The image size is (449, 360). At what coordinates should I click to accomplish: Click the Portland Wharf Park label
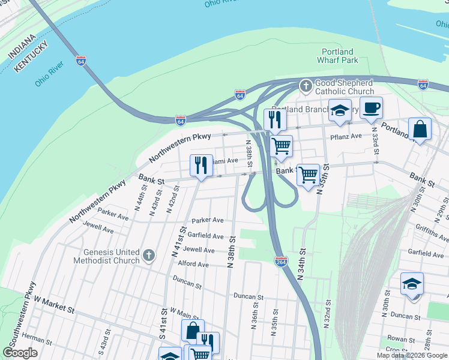(x=337, y=56)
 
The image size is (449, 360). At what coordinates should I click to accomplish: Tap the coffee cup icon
(x=371, y=108)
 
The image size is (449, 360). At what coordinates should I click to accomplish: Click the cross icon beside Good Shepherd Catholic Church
(x=306, y=86)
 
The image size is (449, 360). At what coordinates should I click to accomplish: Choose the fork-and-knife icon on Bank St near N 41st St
(x=200, y=166)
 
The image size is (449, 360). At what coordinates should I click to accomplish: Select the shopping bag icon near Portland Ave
(x=420, y=129)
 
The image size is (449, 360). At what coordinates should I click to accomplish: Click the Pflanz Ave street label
(x=346, y=137)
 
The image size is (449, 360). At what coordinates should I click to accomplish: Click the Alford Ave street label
(x=193, y=264)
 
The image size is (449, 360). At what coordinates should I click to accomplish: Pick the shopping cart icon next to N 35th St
(x=308, y=175)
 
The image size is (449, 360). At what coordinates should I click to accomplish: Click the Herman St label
(x=33, y=339)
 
